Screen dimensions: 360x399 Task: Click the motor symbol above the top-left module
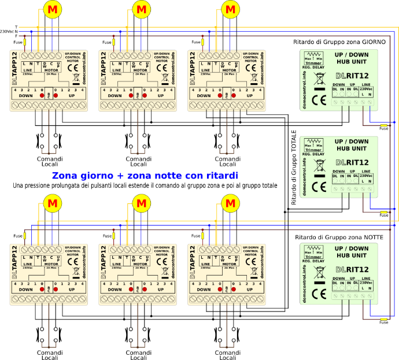(53, 9)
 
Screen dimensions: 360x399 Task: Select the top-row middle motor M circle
(141, 9)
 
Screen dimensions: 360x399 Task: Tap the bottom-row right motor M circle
(230, 203)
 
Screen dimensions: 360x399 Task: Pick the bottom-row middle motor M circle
(141, 203)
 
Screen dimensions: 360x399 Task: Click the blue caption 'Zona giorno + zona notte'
(145, 176)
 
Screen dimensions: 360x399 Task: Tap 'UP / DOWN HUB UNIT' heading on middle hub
(352, 144)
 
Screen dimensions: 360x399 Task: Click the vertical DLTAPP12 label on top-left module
(15, 68)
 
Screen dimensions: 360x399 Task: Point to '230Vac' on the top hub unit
(367, 88)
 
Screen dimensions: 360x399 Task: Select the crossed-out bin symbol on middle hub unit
(319, 168)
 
